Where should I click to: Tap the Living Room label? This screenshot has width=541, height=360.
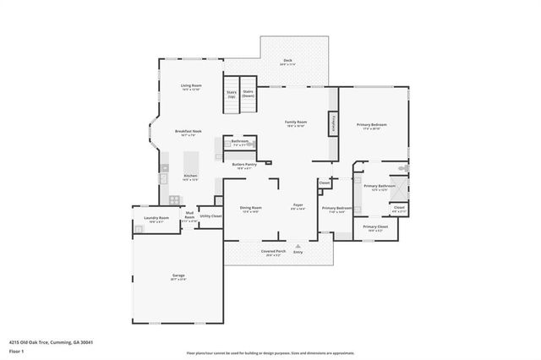coord(191,87)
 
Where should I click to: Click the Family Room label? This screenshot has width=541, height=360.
coord(296,123)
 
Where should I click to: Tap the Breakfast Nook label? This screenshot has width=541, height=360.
coord(188,132)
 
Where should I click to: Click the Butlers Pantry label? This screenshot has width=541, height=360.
coord(244,166)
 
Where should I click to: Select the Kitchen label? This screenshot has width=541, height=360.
coord(190,177)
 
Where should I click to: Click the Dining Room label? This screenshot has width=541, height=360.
coord(251,209)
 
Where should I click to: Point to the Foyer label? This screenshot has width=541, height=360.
coord(298,206)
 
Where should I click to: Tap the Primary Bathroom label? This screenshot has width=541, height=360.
coord(374,187)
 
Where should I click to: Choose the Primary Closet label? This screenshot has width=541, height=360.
coord(375,227)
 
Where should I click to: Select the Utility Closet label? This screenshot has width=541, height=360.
coord(210,216)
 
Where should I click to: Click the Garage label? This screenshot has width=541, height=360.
coord(178,276)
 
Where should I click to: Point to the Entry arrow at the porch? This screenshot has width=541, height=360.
coord(298,247)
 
